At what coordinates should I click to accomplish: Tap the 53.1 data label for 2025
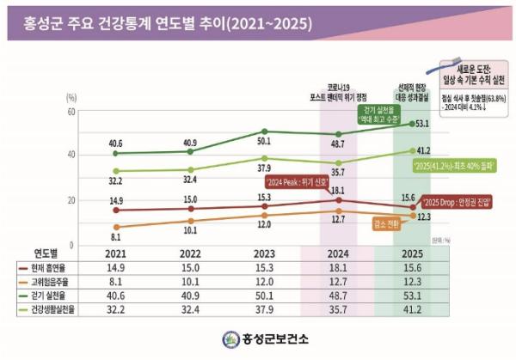(422, 124)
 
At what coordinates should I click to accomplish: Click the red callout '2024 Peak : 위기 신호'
(295, 182)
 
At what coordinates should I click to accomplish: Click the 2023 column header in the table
(263, 254)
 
